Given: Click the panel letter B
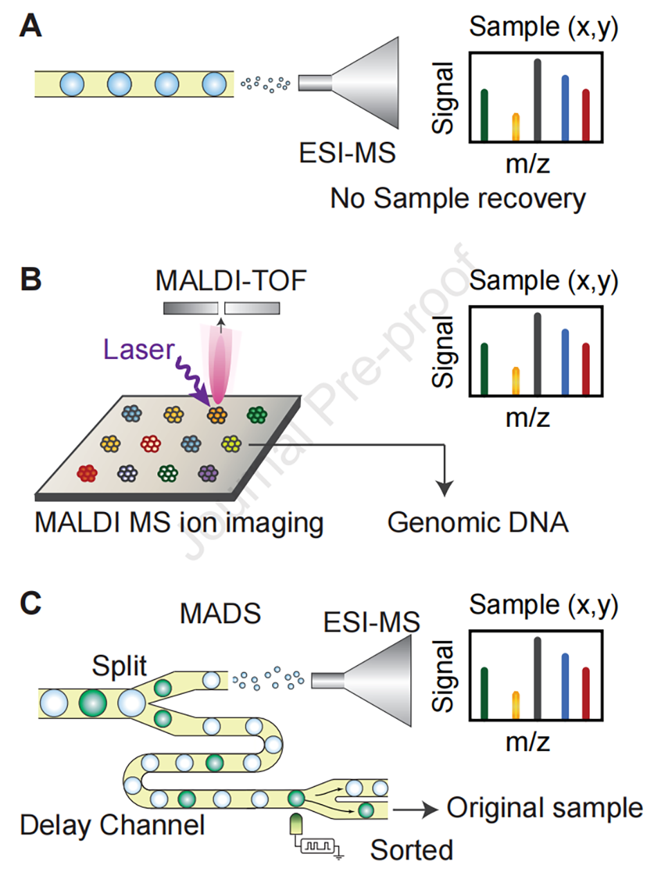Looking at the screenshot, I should click(30, 280).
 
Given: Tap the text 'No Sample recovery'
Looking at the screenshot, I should click(458, 199).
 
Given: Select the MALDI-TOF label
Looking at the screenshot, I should click(230, 281).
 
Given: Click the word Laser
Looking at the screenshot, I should click(138, 349).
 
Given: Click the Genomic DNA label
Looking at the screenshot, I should click(478, 523).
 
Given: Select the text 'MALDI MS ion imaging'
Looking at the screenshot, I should click(179, 523).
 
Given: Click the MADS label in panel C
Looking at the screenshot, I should click(220, 614).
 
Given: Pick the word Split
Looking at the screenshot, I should click(119, 666).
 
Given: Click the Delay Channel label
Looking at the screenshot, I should click(112, 825).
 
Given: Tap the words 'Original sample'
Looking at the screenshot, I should click(545, 808).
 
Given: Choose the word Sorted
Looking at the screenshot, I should click(412, 850).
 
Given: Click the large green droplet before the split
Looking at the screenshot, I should click(92, 702).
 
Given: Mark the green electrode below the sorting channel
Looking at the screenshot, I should click(296, 824).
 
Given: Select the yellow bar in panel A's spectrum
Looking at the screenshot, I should click(516, 127).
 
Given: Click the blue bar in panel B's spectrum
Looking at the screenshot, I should click(565, 361).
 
